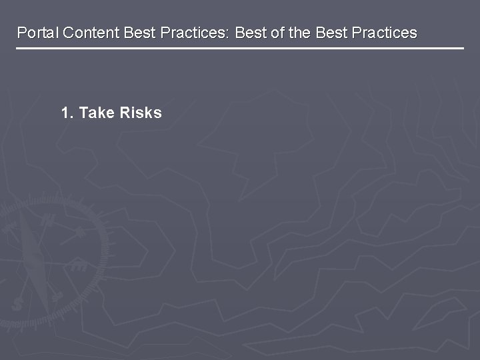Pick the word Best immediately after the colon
(250, 33)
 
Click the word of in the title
(277, 33)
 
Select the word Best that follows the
(330, 33)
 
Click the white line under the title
(240, 49)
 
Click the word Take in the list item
(97, 113)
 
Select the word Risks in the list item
(141, 113)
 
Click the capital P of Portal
(21, 33)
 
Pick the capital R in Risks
(125, 113)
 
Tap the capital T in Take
(83, 113)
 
